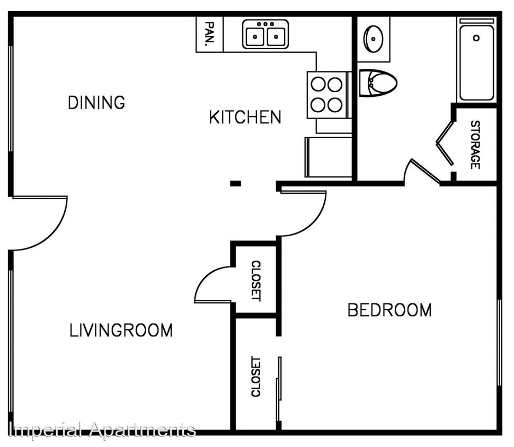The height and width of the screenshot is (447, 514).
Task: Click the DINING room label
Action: pyautogui.click(x=96, y=102)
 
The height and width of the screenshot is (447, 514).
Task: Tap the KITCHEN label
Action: pyautogui.click(x=245, y=117)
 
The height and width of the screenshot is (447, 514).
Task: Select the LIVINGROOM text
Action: pyautogui.click(x=121, y=330)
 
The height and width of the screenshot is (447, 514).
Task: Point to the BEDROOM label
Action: pyautogui.click(x=389, y=310)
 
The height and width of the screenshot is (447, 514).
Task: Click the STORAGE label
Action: pyautogui.click(x=475, y=145)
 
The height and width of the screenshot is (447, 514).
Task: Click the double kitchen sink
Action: pyautogui.click(x=265, y=34)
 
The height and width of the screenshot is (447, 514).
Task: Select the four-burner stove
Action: pyautogui.click(x=326, y=94)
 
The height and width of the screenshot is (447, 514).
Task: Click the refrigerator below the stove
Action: pyautogui.click(x=329, y=157)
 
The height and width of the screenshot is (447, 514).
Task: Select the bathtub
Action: pyautogui.click(x=476, y=59)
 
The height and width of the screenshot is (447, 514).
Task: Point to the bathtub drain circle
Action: pyautogui.click(x=476, y=38)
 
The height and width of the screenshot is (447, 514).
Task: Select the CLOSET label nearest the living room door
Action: pyautogui.click(x=255, y=280)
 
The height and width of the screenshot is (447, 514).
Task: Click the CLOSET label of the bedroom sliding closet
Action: pyautogui.click(x=255, y=376)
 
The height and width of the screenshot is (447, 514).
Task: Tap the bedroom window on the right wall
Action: pyautogui.click(x=499, y=342)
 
